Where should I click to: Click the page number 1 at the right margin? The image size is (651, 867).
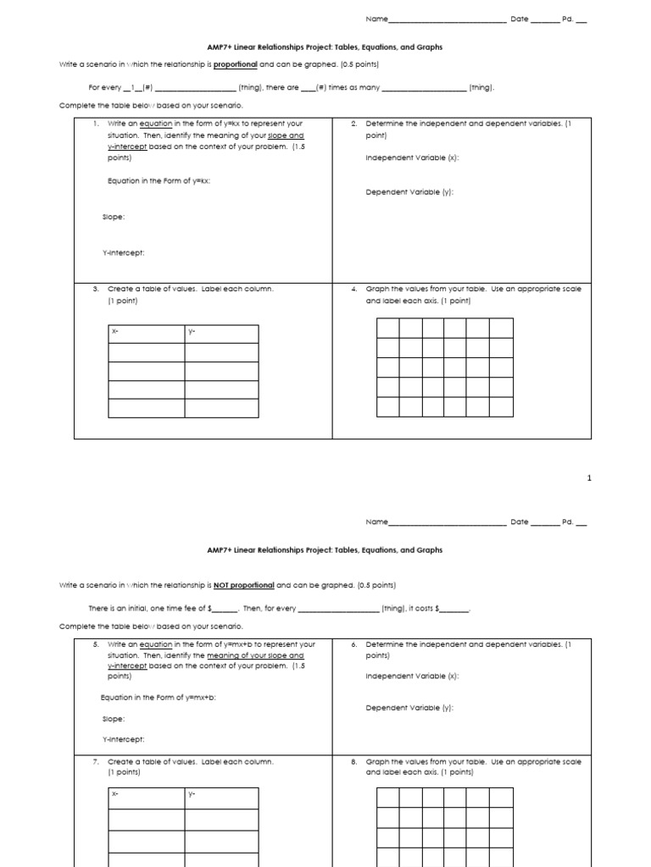tap(588, 478)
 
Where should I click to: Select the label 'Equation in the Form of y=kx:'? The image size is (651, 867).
tap(153, 180)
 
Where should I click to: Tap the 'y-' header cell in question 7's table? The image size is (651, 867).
tap(221, 794)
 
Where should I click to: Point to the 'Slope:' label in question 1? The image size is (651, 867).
tap(114, 217)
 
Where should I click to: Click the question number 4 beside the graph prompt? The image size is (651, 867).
tap(353, 290)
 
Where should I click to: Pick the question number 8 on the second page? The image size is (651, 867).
tap(353, 762)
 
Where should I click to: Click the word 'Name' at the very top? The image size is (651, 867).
tap(376, 19)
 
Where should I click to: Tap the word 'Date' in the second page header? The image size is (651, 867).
tap(519, 522)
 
